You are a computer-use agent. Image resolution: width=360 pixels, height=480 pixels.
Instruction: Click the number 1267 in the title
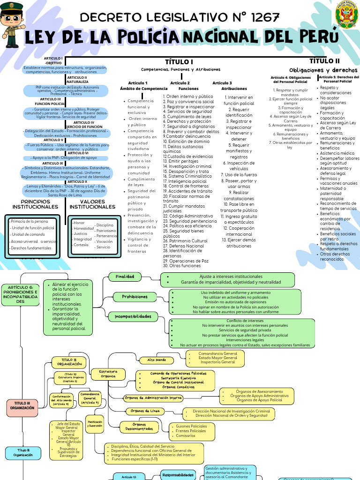point(262,18)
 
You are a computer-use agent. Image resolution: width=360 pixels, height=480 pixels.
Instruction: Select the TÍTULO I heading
point(179,62)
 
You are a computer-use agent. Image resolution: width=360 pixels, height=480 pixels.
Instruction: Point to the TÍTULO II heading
point(324,61)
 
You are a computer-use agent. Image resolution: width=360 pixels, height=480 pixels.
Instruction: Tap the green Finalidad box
point(125,277)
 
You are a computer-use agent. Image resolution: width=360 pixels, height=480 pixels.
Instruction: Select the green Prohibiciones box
point(135,297)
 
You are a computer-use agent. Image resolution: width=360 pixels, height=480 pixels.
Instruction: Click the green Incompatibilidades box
point(133,317)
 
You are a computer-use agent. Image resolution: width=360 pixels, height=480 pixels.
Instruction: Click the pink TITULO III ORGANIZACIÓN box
point(22,405)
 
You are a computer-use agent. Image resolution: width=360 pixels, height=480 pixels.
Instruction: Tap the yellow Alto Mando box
point(157,360)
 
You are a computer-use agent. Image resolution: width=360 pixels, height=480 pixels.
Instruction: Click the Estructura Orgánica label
point(108,374)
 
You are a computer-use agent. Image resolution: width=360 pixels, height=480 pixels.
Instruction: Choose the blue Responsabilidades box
point(178,475)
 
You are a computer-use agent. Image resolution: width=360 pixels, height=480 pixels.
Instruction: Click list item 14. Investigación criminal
point(187,166)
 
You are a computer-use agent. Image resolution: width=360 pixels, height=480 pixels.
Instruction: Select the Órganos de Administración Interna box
point(153,398)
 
